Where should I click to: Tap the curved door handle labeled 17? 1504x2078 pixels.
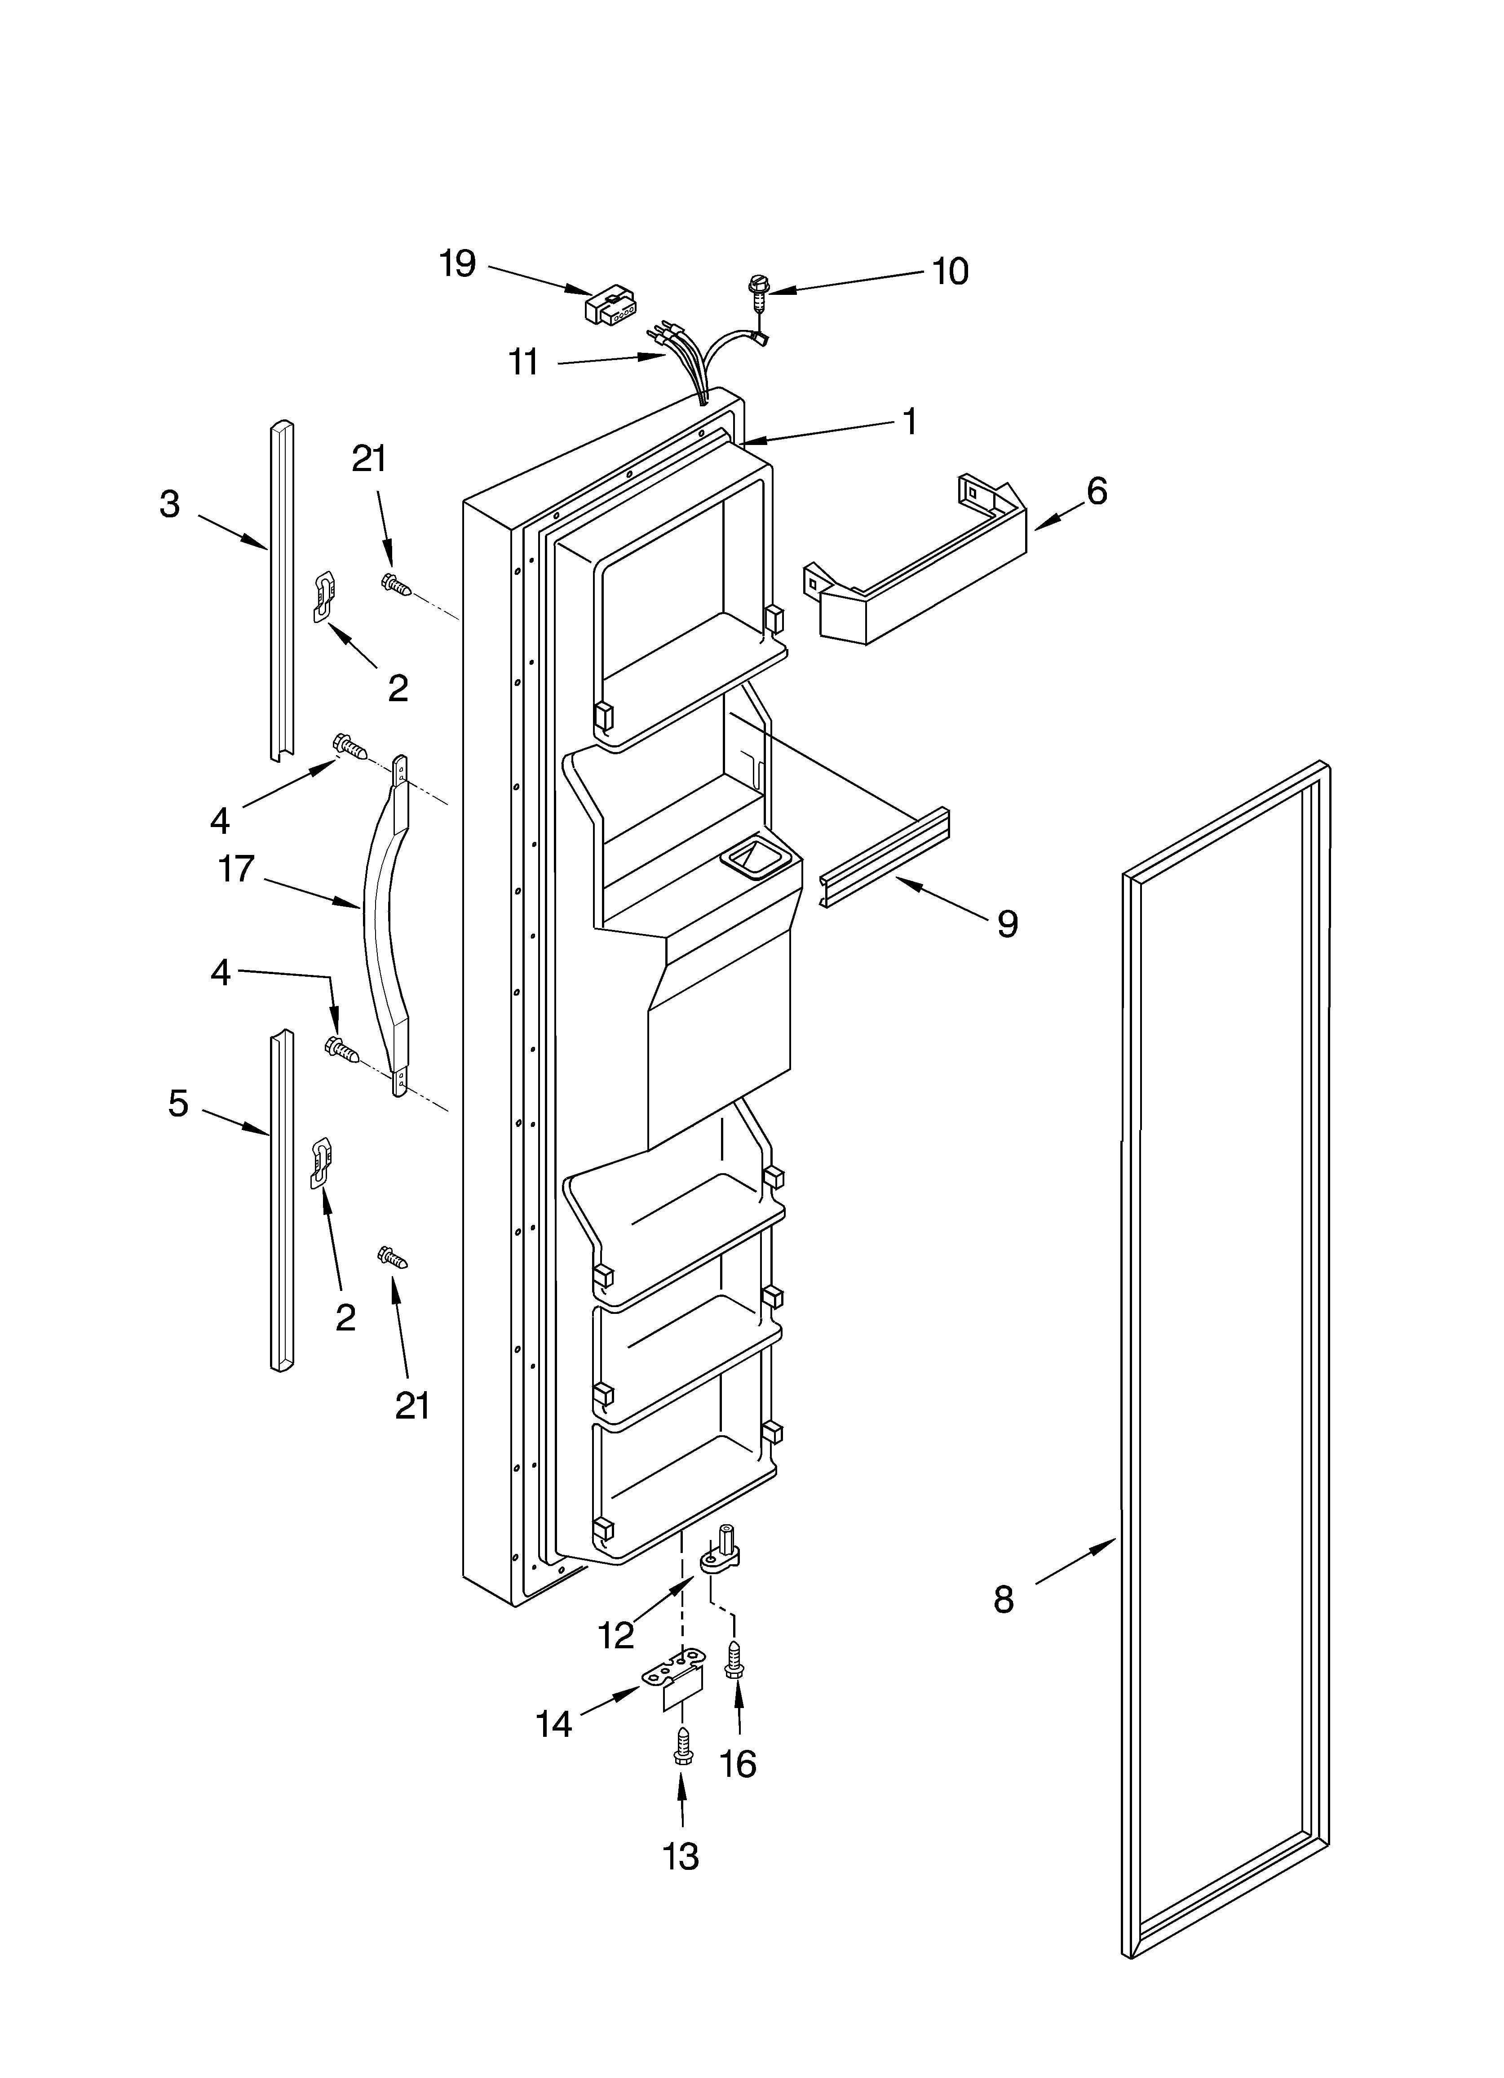[385, 926]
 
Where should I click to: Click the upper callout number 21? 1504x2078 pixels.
[369, 458]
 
